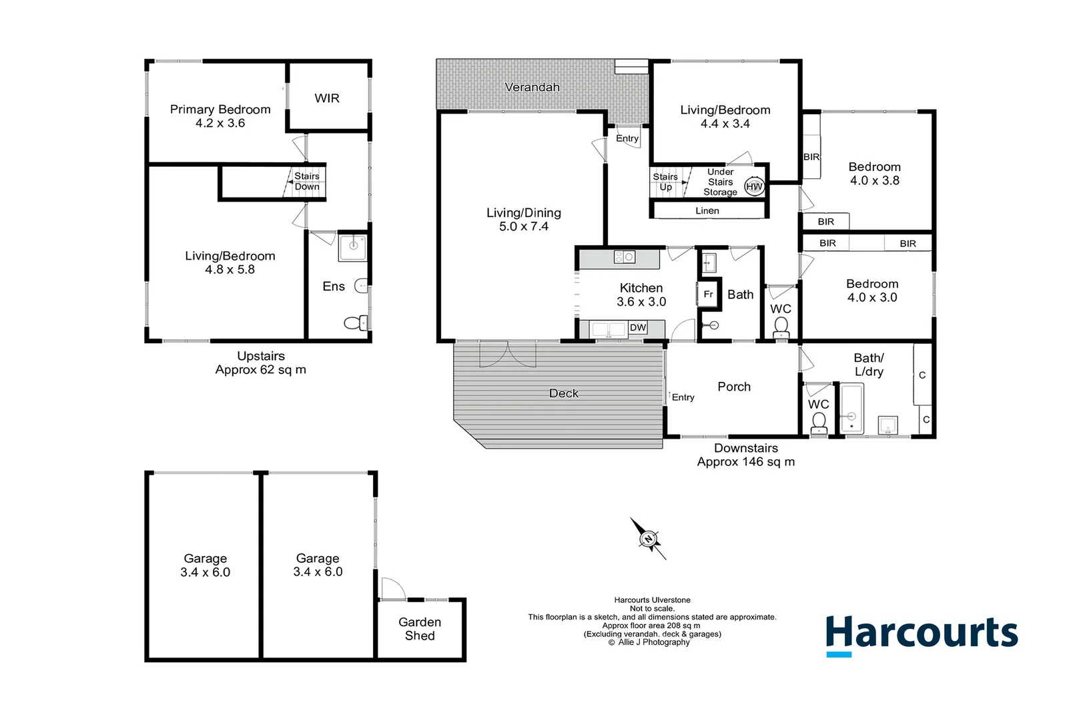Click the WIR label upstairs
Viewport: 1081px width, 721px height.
coord(327,98)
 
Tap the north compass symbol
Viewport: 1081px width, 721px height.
coord(648,538)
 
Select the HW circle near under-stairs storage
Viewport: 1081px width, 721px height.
coord(754,187)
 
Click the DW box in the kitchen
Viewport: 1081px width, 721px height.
coord(638,328)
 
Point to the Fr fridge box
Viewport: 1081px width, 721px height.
coord(709,294)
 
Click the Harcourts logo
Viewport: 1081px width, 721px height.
coord(922,634)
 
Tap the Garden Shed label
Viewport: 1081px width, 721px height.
coord(420,629)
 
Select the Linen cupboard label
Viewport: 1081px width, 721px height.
coord(707,211)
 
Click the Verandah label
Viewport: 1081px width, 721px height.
coord(532,87)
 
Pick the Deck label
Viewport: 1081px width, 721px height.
coord(564,393)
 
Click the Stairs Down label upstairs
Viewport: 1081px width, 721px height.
coord(307,182)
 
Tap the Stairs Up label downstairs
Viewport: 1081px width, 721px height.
coord(665,182)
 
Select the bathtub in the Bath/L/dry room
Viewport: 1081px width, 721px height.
coord(851,409)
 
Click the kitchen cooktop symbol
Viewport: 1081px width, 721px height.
coord(625,257)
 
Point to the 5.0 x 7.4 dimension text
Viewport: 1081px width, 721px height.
coord(524,227)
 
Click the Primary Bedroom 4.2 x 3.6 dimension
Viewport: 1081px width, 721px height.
coord(220,124)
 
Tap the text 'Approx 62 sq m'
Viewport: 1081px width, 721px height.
coord(261,370)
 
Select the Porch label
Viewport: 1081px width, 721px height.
coord(734,387)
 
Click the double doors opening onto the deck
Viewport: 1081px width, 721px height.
coord(508,354)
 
